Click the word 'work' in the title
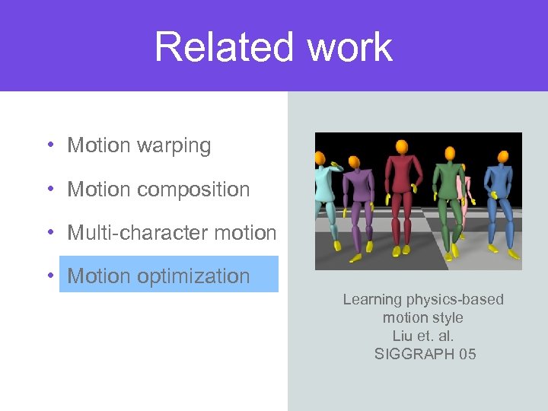pos(350,47)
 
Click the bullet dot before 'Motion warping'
pos(48,145)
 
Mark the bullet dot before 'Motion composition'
pos(48,190)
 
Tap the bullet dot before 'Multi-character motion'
pos(48,233)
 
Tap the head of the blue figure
pos(503,157)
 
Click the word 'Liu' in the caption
pos(402,336)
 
